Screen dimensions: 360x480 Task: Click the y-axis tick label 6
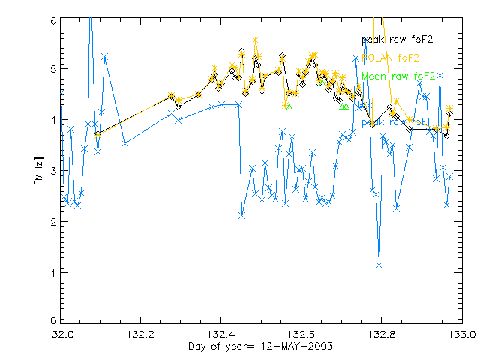52,21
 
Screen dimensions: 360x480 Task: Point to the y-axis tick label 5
52,71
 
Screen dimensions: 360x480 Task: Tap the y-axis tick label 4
52,121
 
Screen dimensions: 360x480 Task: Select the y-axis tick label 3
52,172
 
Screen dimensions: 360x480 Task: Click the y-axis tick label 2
52,222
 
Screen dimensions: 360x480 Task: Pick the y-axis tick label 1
52,272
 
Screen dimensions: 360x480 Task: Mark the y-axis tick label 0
52,321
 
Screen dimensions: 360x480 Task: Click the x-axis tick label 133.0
461,333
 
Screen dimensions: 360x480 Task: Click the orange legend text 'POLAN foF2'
390,57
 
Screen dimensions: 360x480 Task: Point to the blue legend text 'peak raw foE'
395,121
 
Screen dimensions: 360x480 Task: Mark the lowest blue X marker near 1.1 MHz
379,264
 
